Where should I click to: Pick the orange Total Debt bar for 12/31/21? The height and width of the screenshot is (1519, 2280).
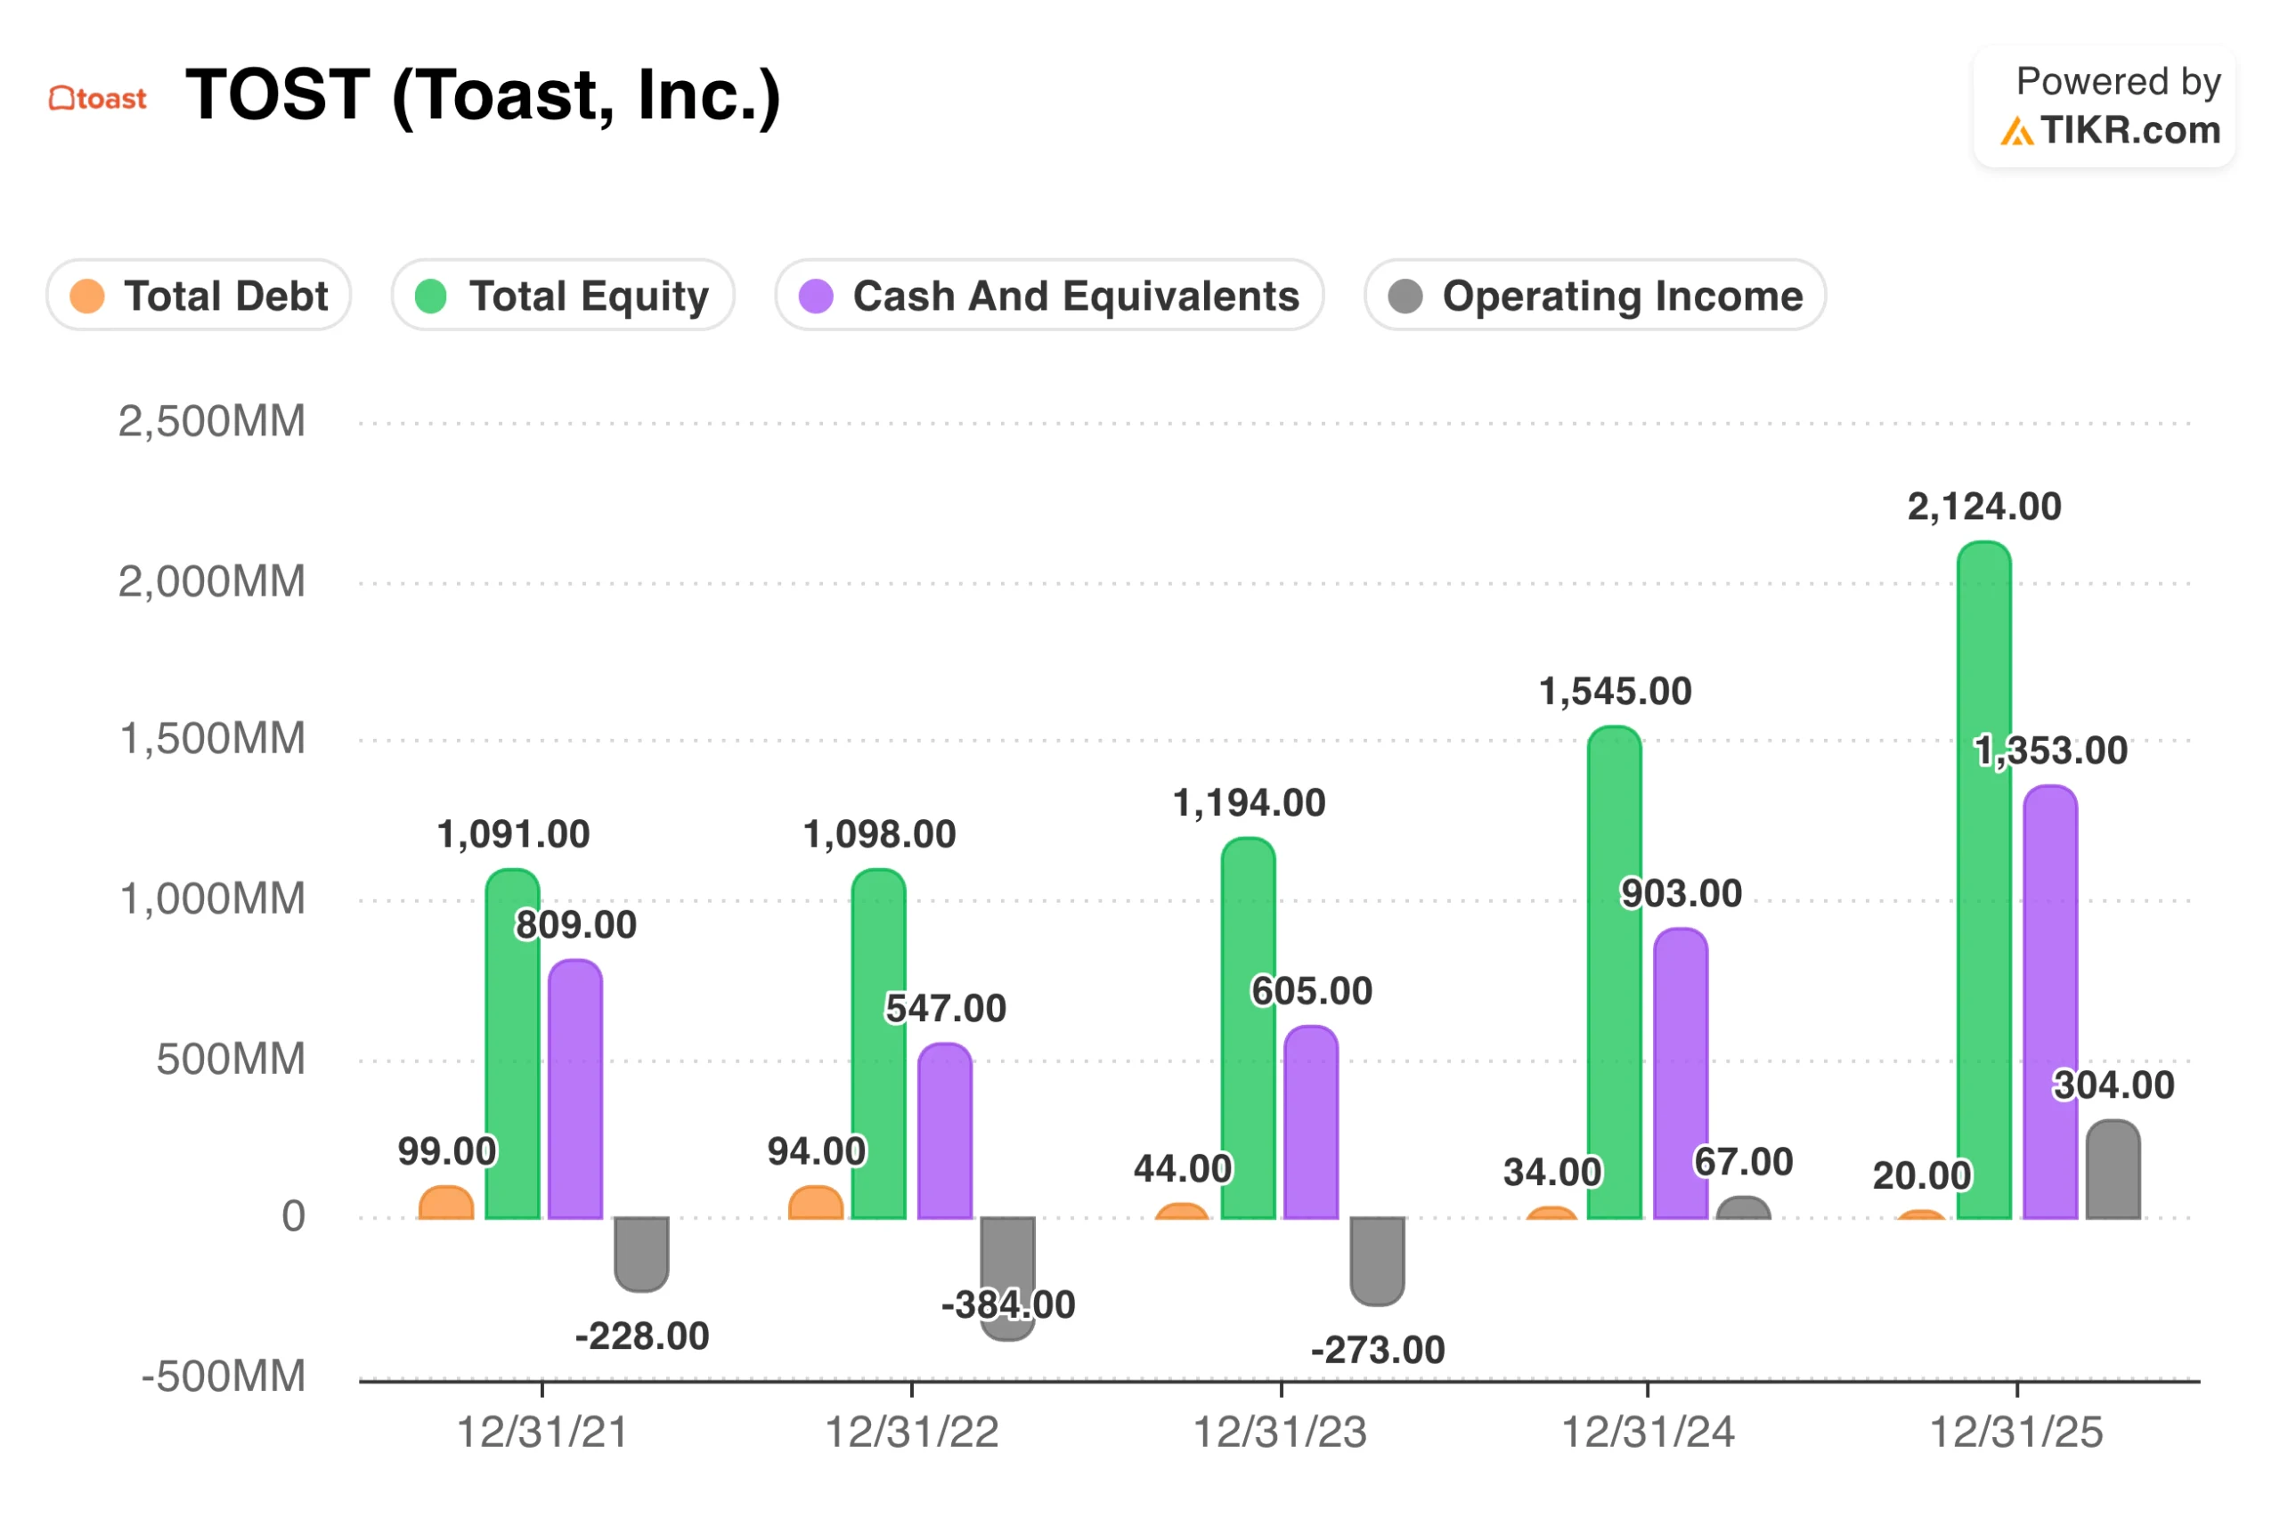445,1202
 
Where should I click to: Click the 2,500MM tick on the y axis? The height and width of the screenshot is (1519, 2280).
211,421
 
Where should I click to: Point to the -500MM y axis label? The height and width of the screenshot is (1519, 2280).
223,1376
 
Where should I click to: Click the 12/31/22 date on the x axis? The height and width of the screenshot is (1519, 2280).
911,1432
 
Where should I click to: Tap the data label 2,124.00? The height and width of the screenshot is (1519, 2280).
1983,507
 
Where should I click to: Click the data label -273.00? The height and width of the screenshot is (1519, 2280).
1377,1350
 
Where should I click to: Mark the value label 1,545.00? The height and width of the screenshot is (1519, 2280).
1615,692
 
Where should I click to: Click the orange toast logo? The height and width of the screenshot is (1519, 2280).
98,98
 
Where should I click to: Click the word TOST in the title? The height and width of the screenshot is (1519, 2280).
277,95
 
